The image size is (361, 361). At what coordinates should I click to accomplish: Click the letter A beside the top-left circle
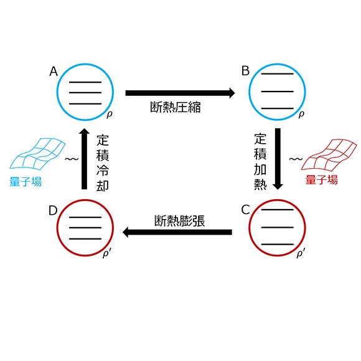[x=54, y=72]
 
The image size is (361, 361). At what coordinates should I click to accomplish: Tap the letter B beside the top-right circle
[x=245, y=71]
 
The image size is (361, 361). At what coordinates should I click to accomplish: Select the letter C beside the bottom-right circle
[x=246, y=210]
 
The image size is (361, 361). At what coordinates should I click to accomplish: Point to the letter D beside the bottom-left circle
[x=53, y=210]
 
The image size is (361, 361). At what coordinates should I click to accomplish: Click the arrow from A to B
[x=180, y=93]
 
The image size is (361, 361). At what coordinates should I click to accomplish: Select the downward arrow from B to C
[x=278, y=159]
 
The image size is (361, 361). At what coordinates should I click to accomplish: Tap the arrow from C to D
[x=177, y=232]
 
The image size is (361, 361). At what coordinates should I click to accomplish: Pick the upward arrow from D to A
[x=85, y=159]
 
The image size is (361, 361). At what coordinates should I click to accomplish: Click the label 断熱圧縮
[x=176, y=107]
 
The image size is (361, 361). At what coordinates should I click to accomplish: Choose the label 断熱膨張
[x=180, y=221]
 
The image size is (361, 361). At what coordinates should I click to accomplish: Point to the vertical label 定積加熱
[x=260, y=162]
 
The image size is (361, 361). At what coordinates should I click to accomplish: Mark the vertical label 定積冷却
[x=103, y=163]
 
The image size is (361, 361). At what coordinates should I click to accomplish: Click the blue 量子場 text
[x=26, y=181]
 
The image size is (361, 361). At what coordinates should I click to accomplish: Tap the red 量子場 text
[x=322, y=180]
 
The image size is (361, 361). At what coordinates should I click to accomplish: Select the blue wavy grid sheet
[x=37, y=154]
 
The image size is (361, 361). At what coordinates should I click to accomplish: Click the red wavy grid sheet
[x=329, y=155]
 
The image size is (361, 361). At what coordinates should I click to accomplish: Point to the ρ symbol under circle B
[x=301, y=114]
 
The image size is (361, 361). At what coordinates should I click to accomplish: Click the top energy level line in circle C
[x=278, y=210]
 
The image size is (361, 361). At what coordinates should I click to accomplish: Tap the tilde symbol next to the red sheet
[x=296, y=159]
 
